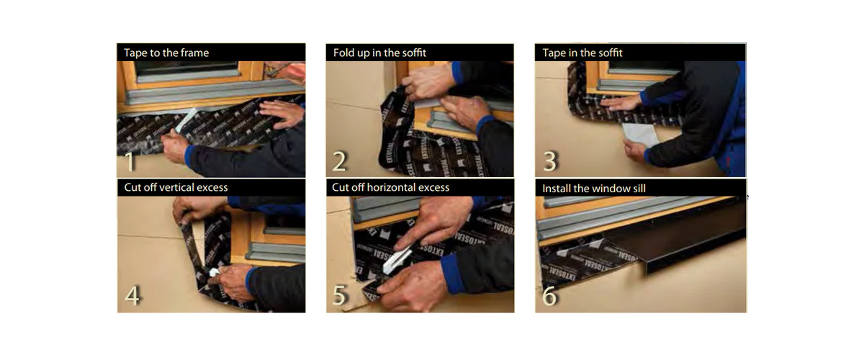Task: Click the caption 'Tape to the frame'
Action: [x=166, y=53]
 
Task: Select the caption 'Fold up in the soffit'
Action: [x=379, y=53]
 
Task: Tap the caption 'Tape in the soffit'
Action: [x=582, y=53]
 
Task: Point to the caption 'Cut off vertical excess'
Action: [x=176, y=187]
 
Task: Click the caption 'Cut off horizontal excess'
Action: [x=390, y=187]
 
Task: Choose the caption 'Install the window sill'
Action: [x=593, y=189]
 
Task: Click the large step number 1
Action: [x=130, y=162]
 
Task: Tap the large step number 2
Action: [x=339, y=161]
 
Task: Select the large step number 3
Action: [x=550, y=161]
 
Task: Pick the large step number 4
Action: [x=132, y=296]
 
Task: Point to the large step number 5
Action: [x=339, y=296]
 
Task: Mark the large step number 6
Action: [x=549, y=296]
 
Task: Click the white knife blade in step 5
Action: [x=396, y=261]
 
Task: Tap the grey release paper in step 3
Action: [x=639, y=135]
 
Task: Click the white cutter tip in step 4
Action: [x=214, y=273]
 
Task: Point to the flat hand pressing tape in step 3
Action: [x=620, y=103]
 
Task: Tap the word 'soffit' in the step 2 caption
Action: [x=413, y=53]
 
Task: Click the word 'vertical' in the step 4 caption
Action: [x=178, y=187]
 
